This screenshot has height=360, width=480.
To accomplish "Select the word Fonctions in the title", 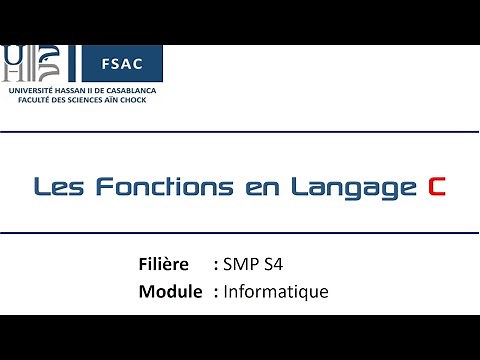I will [x=150, y=186].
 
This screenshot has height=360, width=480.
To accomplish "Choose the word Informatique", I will [x=276, y=292].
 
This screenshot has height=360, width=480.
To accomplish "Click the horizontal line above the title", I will [x=240, y=131].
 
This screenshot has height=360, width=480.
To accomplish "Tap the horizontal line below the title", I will [x=240, y=232].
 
